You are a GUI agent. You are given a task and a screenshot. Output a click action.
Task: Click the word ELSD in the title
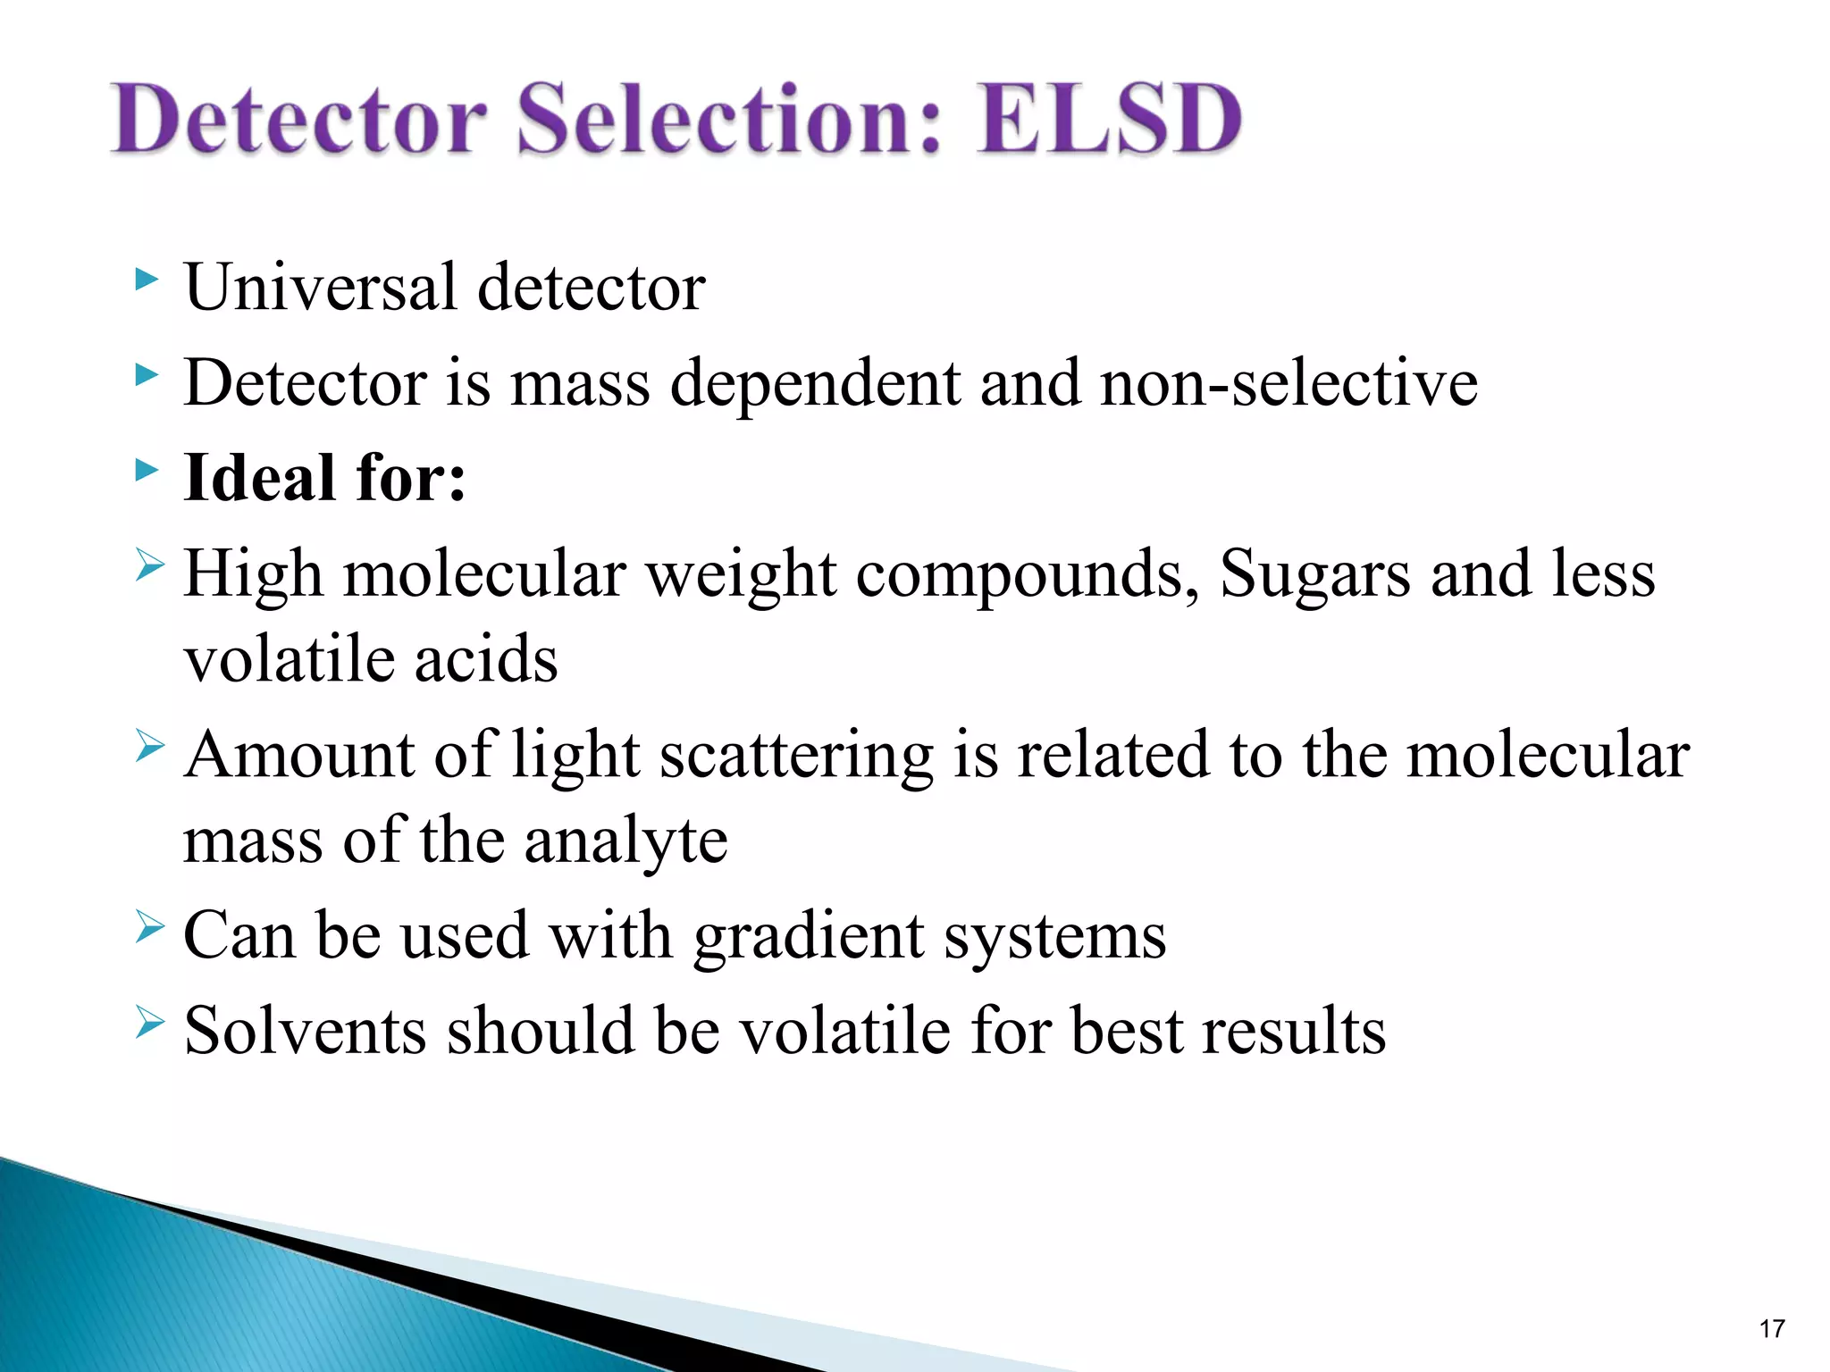click(x=1108, y=119)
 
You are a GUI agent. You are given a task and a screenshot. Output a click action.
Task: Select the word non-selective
click(x=1289, y=383)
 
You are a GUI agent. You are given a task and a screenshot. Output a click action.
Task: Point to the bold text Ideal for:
click(x=324, y=478)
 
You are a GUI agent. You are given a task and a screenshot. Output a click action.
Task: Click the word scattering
click(x=796, y=756)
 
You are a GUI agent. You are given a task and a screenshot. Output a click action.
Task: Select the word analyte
click(x=625, y=841)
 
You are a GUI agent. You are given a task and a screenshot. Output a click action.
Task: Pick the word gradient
click(x=809, y=937)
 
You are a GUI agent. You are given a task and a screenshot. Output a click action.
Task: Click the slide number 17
click(x=1772, y=1329)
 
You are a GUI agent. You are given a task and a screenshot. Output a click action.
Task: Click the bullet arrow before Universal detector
click(x=147, y=280)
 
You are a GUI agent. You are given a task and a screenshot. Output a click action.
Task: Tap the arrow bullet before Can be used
click(x=150, y=928)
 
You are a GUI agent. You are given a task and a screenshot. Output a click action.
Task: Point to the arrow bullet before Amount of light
click(x=150, y=746)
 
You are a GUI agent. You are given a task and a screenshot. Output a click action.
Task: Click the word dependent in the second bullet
click(x=814, y=383)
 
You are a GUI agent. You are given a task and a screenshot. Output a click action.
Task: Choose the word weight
click(x=741, y=573)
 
